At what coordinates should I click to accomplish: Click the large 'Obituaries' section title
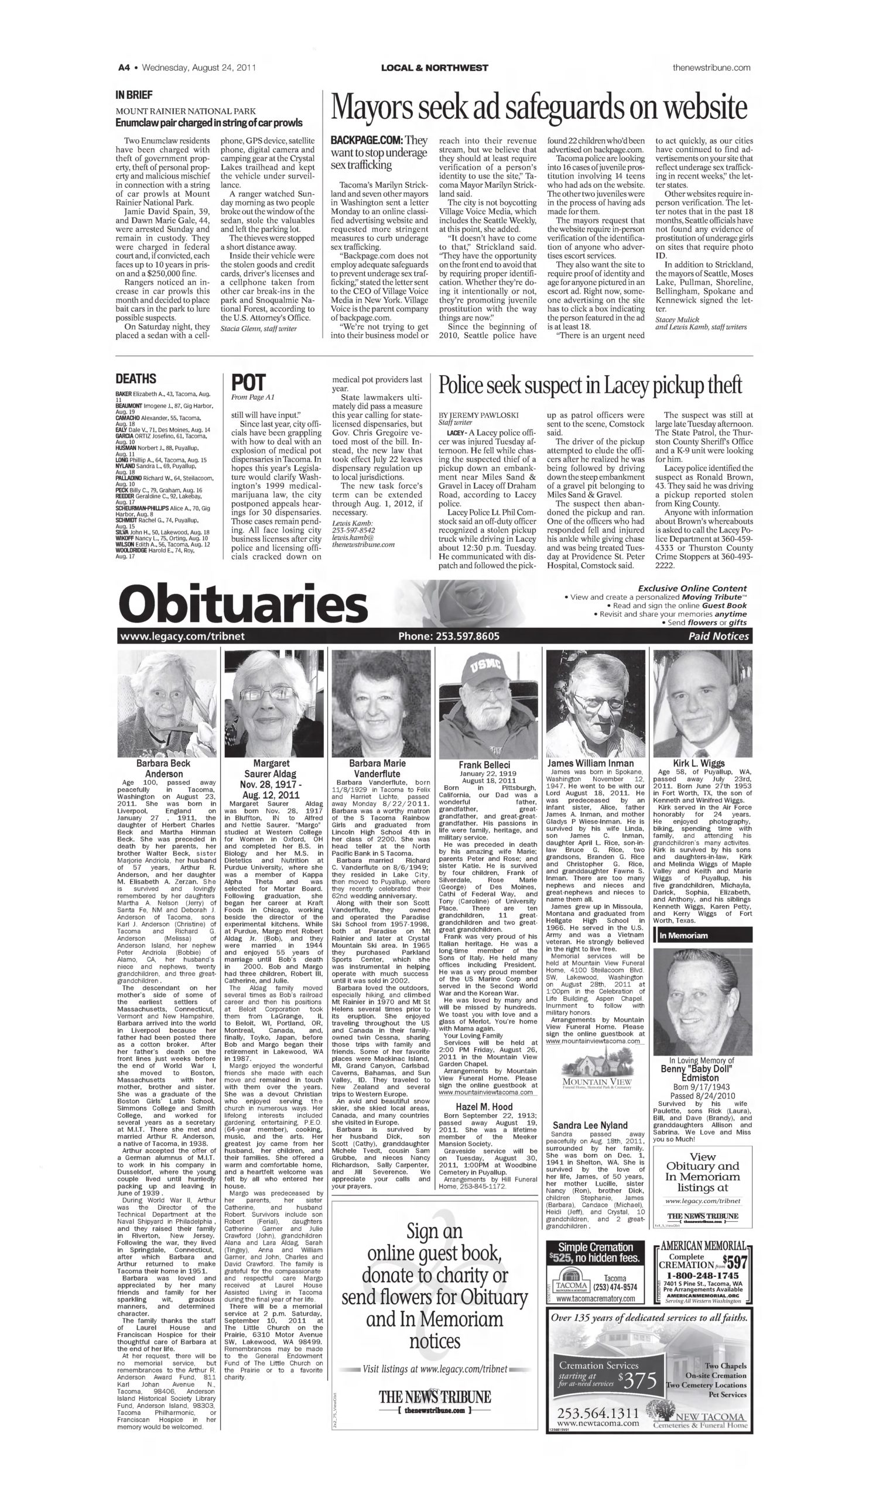click(243, 604)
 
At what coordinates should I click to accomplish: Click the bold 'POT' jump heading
click(248, 382)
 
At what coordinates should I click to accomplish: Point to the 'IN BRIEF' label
click(134, 95)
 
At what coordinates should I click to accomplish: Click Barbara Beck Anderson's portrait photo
click(166, 703)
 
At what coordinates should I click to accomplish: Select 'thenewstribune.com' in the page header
click(711, 68)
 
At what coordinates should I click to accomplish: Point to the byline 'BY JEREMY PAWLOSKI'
click(478, 415)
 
